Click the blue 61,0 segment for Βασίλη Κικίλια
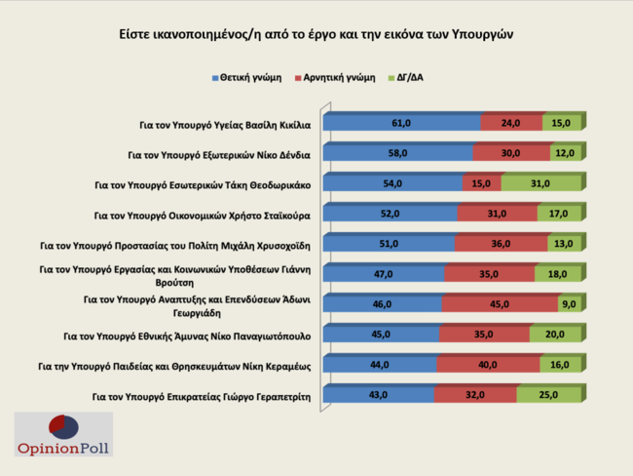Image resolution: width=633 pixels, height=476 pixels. pos(401,124)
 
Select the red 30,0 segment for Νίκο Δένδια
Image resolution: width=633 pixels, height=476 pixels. pos(510,154)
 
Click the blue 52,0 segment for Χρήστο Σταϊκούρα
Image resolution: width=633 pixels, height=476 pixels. pos(389,215)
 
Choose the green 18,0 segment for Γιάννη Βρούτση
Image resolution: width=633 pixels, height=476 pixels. pos(558,275)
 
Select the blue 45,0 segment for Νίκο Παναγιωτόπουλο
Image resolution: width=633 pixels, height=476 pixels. pos(380,336)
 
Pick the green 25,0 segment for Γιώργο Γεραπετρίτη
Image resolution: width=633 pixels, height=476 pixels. pos(550,396)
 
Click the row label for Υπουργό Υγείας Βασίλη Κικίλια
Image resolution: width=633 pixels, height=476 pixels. pos(226,124)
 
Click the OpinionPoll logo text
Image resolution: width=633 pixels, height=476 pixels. pos(64,449)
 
